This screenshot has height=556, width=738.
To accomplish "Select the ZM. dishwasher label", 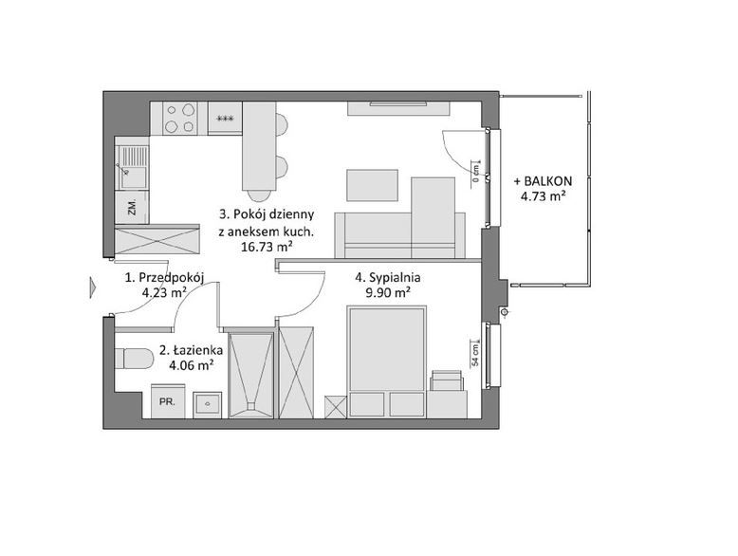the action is (x=132, y=207).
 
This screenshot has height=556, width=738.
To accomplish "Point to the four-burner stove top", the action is (x=180, y=119).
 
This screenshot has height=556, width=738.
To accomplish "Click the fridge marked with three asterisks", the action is (x=225, y=119).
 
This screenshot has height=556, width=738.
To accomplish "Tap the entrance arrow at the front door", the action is (x=93, y=287).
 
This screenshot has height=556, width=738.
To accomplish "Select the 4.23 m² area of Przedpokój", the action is (x=163, y=293).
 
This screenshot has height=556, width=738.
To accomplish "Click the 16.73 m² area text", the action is (x=267, y=247).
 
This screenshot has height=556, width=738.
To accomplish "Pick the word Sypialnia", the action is (x=395, y=278).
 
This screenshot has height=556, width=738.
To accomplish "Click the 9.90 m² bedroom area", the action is (x=387, y=293).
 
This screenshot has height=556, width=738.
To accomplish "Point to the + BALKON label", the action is (x=543, y=181).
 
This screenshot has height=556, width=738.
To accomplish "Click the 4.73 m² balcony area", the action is (x=543, y=196).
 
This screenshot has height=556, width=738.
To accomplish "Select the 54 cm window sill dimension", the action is (x=475, y=355).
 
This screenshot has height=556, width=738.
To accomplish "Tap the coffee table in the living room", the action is (x=372, y=185).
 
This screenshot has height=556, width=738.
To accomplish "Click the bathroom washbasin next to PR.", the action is (x=207, y=404).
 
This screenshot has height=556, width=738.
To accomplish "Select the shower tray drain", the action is (x=250, y=405).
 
